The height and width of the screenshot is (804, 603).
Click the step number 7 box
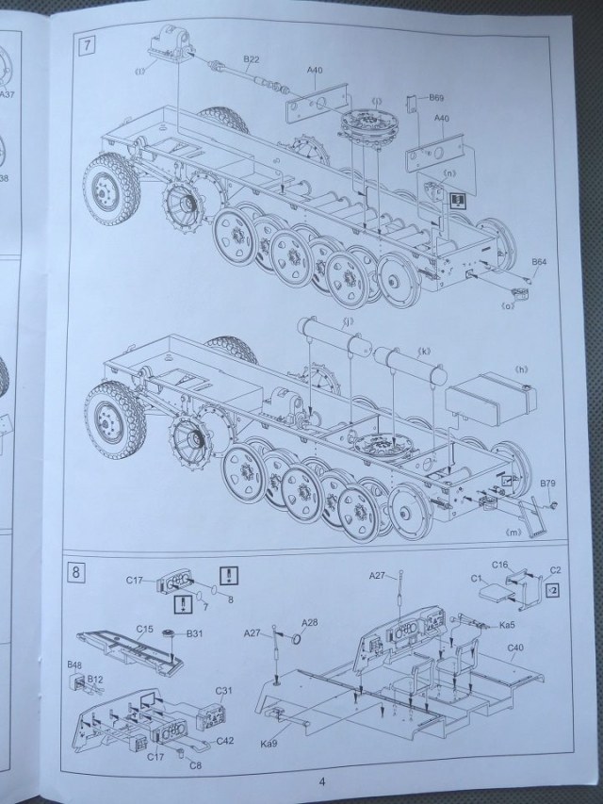[x=88, y=43]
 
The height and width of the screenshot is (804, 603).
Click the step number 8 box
[x=78, y=569]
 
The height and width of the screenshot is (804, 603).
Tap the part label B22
[x=252, y=60]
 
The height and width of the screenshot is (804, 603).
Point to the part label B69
[x=437, y=98]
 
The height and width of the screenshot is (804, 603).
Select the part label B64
[x=539, y=261]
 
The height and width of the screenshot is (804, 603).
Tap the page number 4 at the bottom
[x=321, y=780]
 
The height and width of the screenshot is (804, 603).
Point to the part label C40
[x=516, y=648]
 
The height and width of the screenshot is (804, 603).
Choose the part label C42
[x=227, y=740]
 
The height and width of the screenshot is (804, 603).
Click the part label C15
[x=144, y=629]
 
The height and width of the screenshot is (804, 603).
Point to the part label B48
[x=75, y=665]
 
